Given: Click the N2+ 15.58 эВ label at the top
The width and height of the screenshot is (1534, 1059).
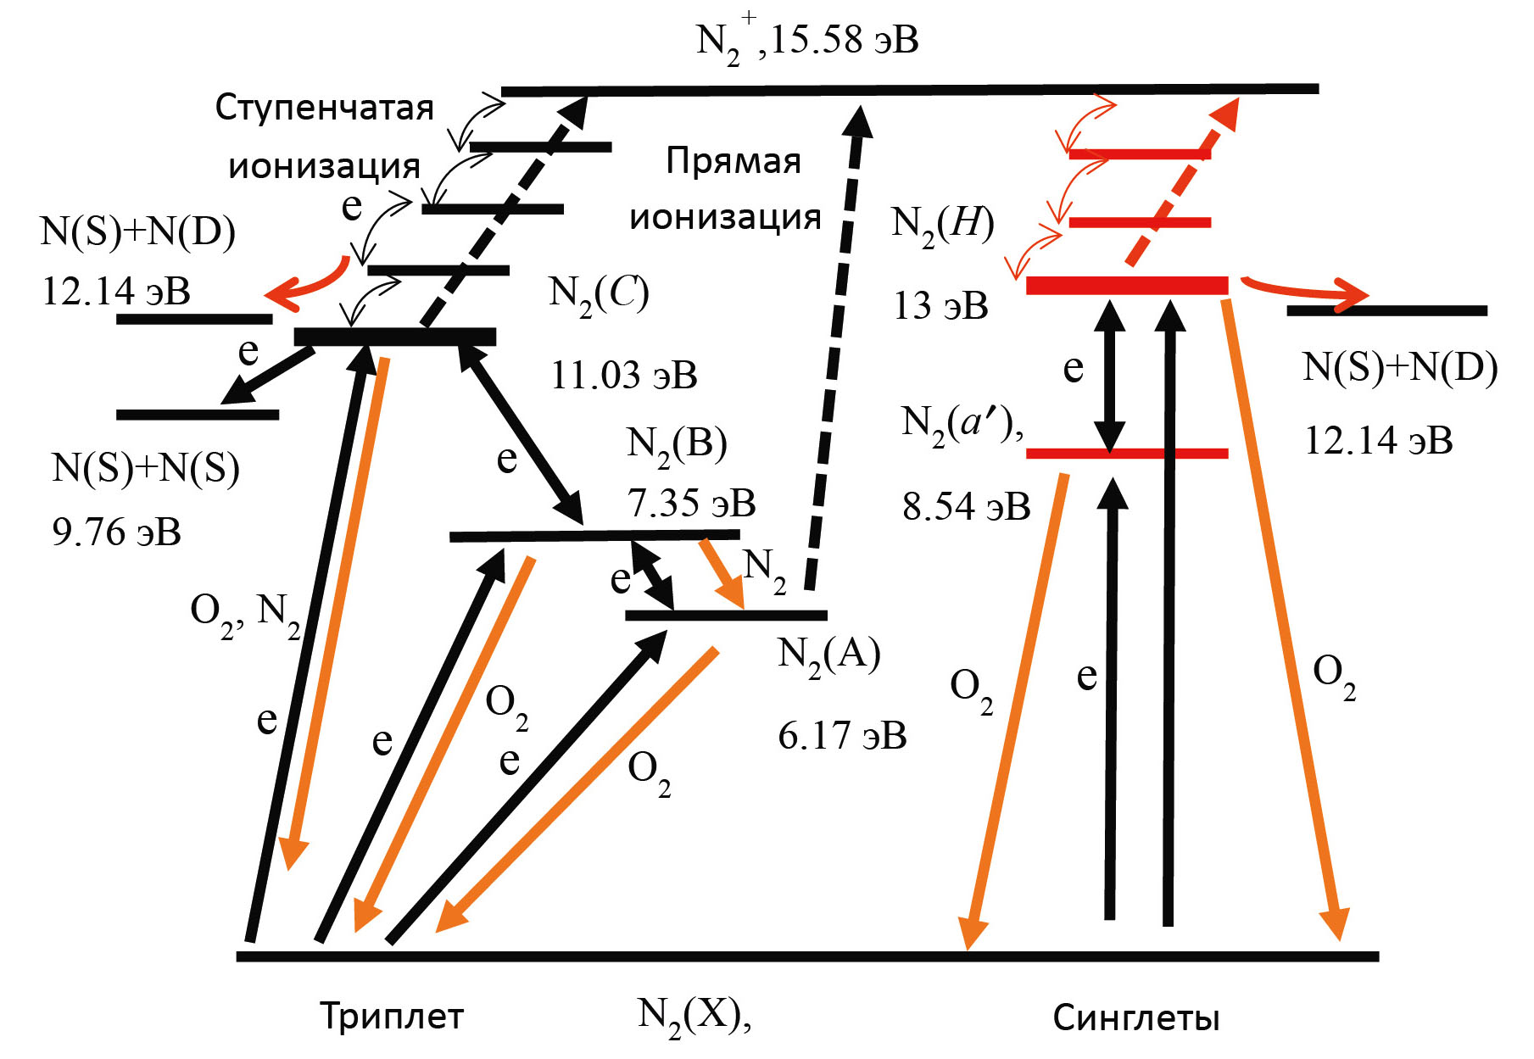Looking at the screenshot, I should (x=806, y=41).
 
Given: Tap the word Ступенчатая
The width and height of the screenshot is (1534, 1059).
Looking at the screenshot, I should (x=324, y=109).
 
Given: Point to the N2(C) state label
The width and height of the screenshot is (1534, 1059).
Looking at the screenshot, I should (x=599, y=293).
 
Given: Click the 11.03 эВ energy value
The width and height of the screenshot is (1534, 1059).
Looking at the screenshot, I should (x=624, y=375).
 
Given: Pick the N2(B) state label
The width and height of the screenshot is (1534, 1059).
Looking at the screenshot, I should (x=677, y=444).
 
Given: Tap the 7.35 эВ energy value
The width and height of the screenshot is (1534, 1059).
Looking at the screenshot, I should (x=691, y=503).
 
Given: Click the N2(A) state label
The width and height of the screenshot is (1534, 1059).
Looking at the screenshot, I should (x=828, y=655).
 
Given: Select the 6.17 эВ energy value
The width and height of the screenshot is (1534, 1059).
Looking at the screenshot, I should (x=842, y=735).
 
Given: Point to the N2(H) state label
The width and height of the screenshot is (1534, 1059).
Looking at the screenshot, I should (x=942, y=225).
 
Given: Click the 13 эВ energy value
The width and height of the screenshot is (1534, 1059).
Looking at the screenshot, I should (x=940, y=305).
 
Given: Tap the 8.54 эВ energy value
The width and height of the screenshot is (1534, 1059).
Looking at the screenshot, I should (x=966, y=506).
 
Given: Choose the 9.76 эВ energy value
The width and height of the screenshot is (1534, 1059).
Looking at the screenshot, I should (x=116, y=532).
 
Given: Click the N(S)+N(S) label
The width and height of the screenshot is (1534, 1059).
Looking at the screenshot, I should (x=146, y=468).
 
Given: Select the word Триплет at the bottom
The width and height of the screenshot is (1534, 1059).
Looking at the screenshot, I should (x=392, y=1016).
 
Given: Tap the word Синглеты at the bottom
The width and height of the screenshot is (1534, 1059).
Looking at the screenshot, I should (x=1135, y=1017).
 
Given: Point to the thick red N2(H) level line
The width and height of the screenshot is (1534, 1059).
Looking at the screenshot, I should (x=1126, y=286).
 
